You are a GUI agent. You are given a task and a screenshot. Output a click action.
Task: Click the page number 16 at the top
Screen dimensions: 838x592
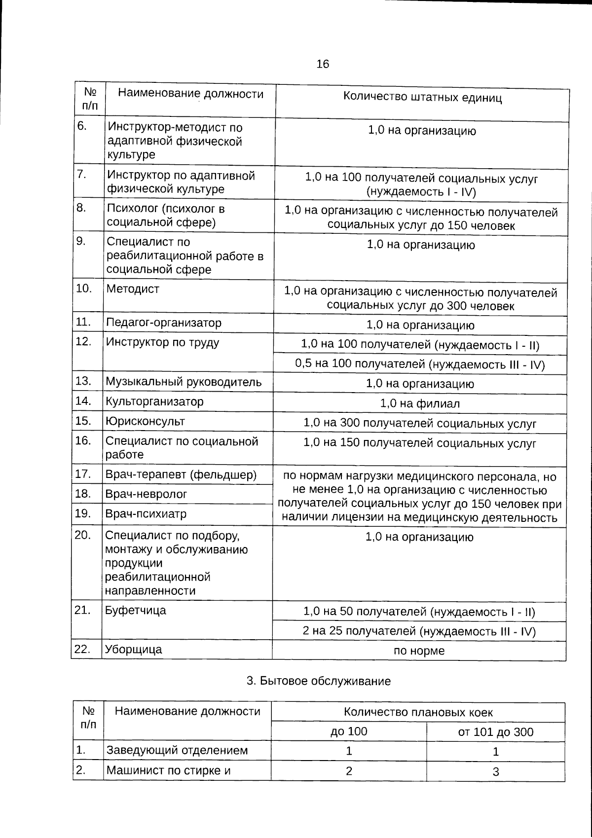[323, 64]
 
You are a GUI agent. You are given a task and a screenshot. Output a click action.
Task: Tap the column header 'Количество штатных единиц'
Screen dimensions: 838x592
[422, 97]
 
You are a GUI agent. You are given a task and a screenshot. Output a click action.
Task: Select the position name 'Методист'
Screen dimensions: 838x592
[133, 289]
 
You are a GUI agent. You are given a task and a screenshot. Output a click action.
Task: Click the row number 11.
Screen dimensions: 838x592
[84, 323]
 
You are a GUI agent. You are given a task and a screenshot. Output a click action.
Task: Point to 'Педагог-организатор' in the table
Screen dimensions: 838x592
[163, 323]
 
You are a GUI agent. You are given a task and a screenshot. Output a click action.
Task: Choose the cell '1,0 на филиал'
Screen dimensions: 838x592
[420, 404]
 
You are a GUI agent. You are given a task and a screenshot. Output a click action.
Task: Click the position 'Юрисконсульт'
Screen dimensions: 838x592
[145, 422]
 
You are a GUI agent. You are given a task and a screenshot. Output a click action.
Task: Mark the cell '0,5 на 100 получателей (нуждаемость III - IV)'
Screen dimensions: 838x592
[420, 365]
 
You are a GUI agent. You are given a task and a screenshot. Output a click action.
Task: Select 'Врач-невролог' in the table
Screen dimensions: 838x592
[146, 494]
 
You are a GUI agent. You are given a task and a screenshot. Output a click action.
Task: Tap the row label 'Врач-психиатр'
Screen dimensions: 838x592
[146, 514]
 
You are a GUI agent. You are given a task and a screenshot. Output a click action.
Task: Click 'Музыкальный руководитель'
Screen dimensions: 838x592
[184, 382]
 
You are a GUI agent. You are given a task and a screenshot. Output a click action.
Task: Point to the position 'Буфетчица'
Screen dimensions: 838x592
[136, 611]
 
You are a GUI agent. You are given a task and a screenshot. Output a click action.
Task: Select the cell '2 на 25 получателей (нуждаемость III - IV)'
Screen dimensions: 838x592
[419, 631]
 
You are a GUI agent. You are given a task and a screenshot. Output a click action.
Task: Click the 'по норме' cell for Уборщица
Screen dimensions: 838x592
[419, 651]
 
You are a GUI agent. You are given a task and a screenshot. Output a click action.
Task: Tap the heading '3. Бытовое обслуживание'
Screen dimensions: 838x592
[319, 682]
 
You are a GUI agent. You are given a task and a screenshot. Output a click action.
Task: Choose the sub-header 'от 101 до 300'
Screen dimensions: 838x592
[496, 732]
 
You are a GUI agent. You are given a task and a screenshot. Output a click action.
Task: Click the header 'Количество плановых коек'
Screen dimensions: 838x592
[418, 713]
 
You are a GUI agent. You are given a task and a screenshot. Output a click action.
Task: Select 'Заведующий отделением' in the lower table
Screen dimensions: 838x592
[177, 751]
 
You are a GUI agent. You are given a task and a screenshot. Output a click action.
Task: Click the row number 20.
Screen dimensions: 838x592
[83, 536]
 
